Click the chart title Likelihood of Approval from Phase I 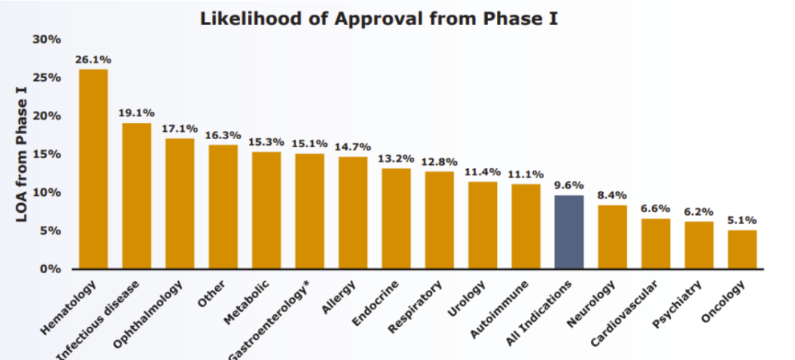tap(378, 18)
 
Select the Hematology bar tap(93, 169)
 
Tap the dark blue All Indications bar tap(569, 231)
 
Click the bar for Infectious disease tap(137, 195)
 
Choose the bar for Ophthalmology tap(180, 203)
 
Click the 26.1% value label tap(93, 59)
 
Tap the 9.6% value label tap(569, 186)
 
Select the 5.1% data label tap(742, 220)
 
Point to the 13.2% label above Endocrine tap(396, 158)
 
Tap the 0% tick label tap(49, 269)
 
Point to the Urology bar tap(482, 225)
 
